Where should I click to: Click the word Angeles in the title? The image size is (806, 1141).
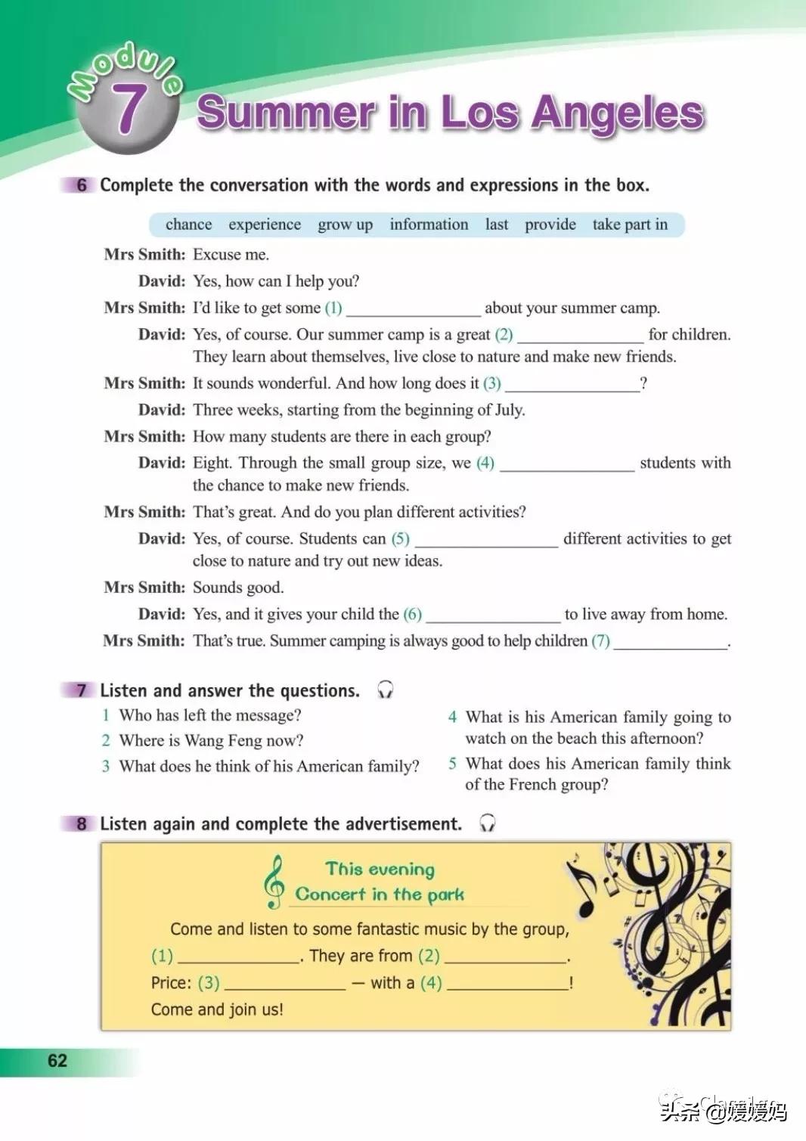coord(617,113)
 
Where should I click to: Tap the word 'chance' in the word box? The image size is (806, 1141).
coord(188,225)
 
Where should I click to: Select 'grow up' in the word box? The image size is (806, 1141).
coord(345,225)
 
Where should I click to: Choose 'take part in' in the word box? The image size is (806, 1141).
coord(630,225)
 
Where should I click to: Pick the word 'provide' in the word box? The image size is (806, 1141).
coord(550,225)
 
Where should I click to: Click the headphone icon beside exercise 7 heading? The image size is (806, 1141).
coord(385,690)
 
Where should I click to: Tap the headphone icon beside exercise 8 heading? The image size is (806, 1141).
coord(488,823)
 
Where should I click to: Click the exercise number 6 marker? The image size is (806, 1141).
coord(81,185)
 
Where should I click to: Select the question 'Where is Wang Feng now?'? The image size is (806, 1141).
coord(211,741)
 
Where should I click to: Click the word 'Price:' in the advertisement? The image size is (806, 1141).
coord(171,983)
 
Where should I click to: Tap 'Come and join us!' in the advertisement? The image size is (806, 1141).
coord(217,1009)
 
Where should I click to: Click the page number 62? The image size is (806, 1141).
coord(57,1061)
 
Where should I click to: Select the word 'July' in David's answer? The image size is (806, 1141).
coord(508,410)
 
